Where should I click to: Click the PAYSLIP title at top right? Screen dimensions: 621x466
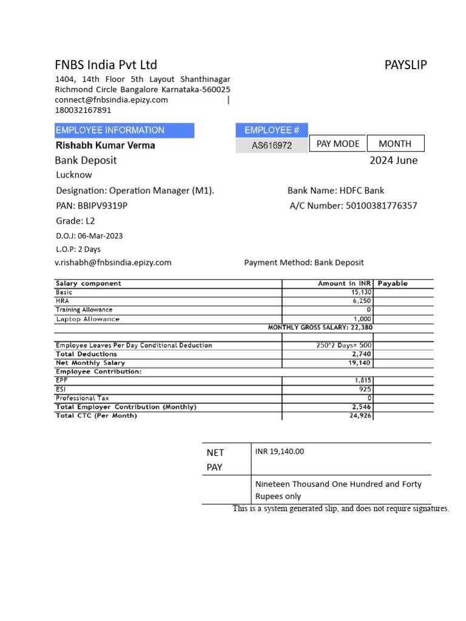[405, 65]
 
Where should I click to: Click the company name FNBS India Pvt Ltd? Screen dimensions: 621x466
[106, 65]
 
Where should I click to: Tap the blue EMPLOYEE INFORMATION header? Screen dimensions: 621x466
[124, 130]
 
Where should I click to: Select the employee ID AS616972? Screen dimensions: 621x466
[272, 146]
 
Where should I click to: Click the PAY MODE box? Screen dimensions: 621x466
[338, 144]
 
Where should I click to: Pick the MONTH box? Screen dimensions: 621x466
[395, 144]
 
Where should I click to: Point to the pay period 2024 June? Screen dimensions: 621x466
[393, 161]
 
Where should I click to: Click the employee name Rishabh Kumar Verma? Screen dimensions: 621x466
[106, 146]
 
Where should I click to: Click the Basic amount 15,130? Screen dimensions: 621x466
[360, 292]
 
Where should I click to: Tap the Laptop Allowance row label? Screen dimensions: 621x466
[88, 319]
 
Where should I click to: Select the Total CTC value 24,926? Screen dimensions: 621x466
[360, 416]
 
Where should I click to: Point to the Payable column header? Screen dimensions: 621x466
[393, 283]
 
